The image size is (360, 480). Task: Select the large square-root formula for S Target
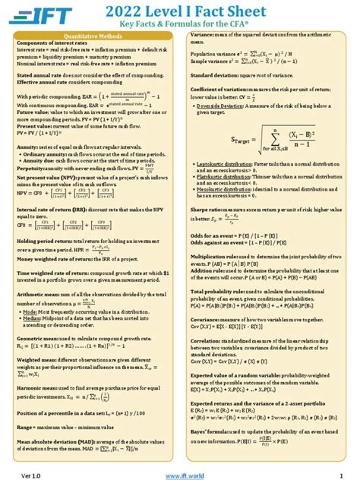[x=264, y=141]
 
